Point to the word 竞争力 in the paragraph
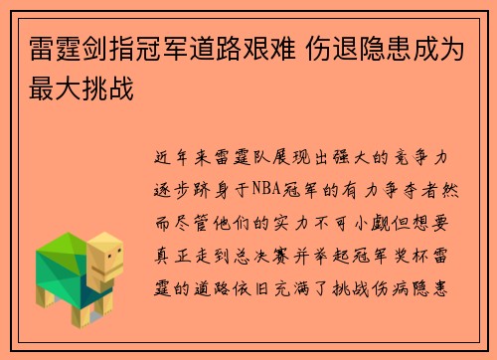pyautogui.click(x=428, y=157)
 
